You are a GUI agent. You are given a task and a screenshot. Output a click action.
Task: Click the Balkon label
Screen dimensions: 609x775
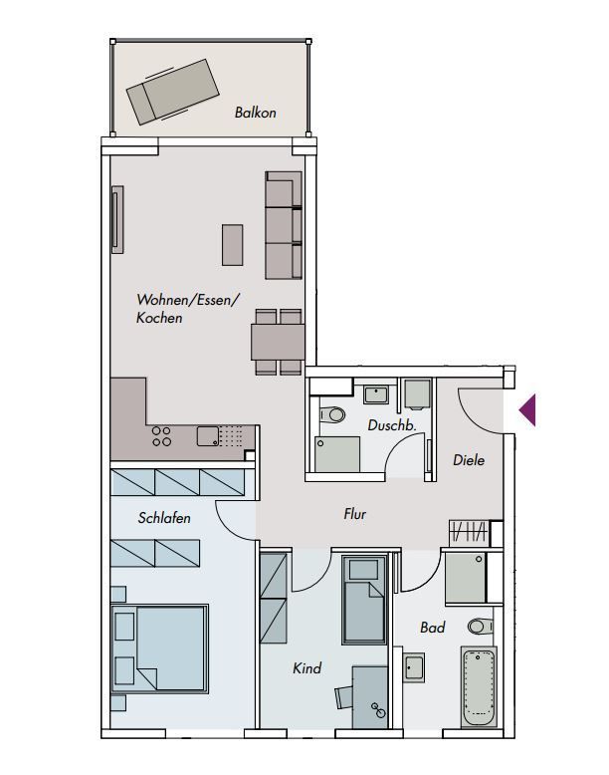click(255, 113)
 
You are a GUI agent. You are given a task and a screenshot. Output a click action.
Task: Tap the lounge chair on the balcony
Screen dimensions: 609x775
click(173, 92)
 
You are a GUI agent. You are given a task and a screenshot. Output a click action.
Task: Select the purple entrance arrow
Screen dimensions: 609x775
click(527, 409)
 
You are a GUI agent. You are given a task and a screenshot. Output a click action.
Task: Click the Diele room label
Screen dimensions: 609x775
click(469, 460)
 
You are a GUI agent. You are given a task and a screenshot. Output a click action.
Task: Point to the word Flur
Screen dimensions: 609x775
click(354, 514)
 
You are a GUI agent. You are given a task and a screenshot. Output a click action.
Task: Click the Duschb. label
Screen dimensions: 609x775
click(392, 425)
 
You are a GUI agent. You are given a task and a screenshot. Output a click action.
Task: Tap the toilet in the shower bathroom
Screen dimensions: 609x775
click(332, 414)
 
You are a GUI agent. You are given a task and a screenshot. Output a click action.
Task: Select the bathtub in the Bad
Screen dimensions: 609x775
click(479, 686)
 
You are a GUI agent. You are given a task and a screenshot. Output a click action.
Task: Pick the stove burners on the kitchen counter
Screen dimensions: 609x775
click(161, 436)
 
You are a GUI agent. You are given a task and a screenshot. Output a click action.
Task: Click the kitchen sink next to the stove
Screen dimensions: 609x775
click(208, 436)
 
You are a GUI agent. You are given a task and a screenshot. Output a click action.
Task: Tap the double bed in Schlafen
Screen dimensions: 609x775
click(159, 648)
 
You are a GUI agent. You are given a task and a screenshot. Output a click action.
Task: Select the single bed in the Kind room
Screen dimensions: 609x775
click(364, 600)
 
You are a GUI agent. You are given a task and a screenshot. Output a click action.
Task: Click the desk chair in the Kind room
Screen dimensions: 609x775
click(343, 697)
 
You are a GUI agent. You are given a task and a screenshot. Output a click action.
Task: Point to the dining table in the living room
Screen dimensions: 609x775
click(278, 342)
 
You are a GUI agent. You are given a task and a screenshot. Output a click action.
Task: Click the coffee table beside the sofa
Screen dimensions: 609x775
click(232, 245)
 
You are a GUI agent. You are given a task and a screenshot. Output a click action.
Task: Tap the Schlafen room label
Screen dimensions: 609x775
click(164, 518)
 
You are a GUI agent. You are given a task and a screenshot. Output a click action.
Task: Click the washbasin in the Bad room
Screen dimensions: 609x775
click(413, 667)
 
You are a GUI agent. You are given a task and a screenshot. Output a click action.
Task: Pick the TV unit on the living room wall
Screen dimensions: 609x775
click(117, 219)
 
